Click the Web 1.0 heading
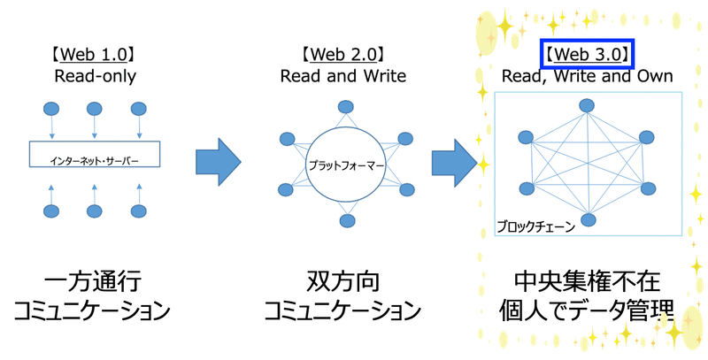click(x=94, y=55)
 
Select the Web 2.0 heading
click(x=343, y=55)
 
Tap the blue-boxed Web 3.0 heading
click(x=588, y=55)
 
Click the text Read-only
click(x=95, y=76)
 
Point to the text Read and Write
click(x=343, y=76)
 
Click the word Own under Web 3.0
click(x=655, y=76)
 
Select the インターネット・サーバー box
click(x=95, y=154)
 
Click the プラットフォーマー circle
click(x=345, y=165)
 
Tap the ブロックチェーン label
click(x=536, y=226)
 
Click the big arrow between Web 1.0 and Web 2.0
click(x=218, y=162)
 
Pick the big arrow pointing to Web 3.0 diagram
click(x=454, y=163)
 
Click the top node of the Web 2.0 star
click(x=346, y=107)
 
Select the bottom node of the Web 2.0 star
click(x=347, y=221)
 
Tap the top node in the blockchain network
click(x=587, y=105)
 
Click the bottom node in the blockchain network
click(x=589, y=219)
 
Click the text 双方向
click(x=342, y=281)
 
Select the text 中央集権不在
click(x=587, y=281)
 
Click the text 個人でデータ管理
click(x=587, y=310)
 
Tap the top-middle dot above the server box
click(x=95, y=109)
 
